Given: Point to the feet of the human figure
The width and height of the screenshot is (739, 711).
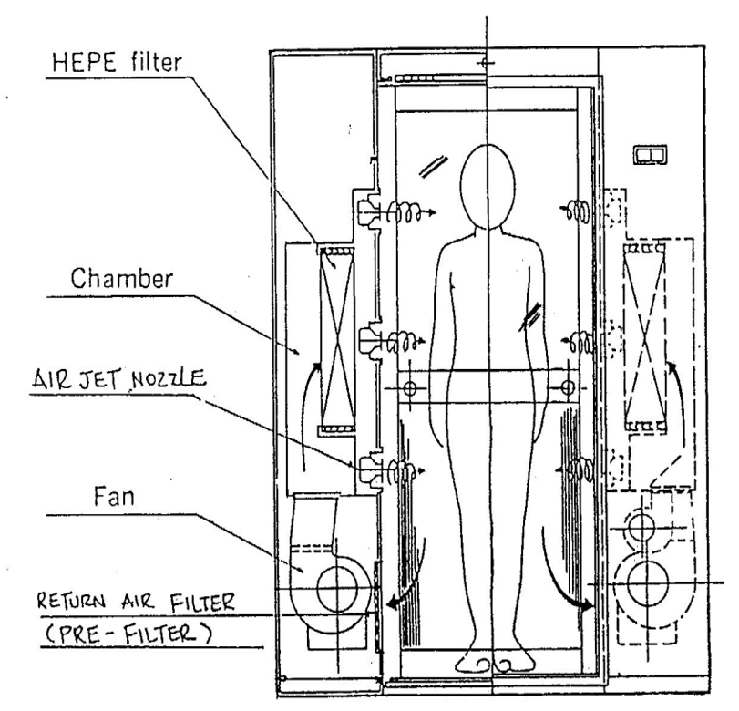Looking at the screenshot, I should pyautogui.click(x=492, y=661).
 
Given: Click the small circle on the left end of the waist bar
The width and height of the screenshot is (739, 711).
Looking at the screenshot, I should pyautogui.click(x=409, y=387).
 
